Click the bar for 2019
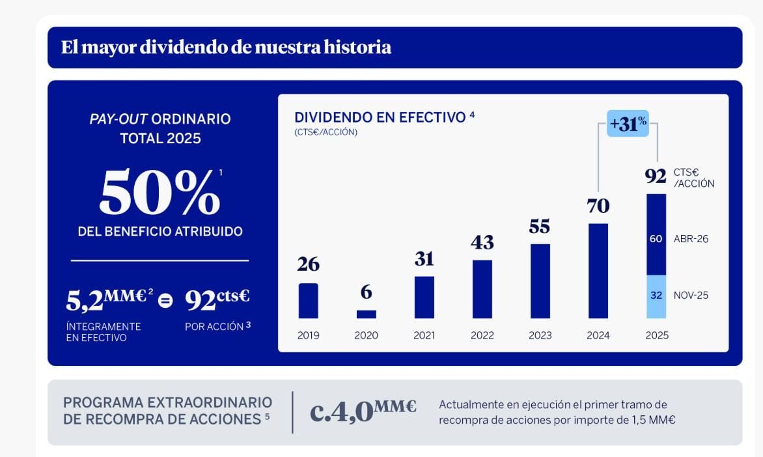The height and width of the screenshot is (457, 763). pyautogui.click(x=308, y=301)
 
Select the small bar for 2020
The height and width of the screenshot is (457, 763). pyautogui.click(x=367, y=314)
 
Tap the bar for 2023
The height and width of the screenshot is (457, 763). pyautogui.click(x=540, y=281)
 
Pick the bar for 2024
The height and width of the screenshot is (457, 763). pyautogui.click(x=598, y=271)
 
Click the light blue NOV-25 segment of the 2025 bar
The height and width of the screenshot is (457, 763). pyautogui.click(x=656, y=296)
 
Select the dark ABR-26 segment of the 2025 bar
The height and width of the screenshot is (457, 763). pyautogui.click(x=656, y=234)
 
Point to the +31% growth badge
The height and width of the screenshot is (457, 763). pyautogui.click(x=628, y=124)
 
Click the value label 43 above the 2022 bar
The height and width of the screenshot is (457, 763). pyautogui.click(x=482, y=243)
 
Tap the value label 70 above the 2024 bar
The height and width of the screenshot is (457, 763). pyautogui.click(x=598, y=206)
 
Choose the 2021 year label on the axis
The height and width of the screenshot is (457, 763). pyautogui.click(x=424, y=336)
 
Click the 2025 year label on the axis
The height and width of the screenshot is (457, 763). pyautogui.click(x=656, y=336)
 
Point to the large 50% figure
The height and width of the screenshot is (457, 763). pyautogui.click(x=160, y=193)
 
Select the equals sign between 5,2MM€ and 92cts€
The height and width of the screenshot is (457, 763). pyautogui.click(x=166, y=301)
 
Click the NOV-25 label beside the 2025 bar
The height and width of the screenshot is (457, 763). pyautogui.click(x=691, y=296)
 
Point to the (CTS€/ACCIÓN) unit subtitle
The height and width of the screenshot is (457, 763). pyautogui.click(x=326, y=132)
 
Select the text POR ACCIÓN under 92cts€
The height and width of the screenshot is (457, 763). pyautogui.click(x=214, y=326)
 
